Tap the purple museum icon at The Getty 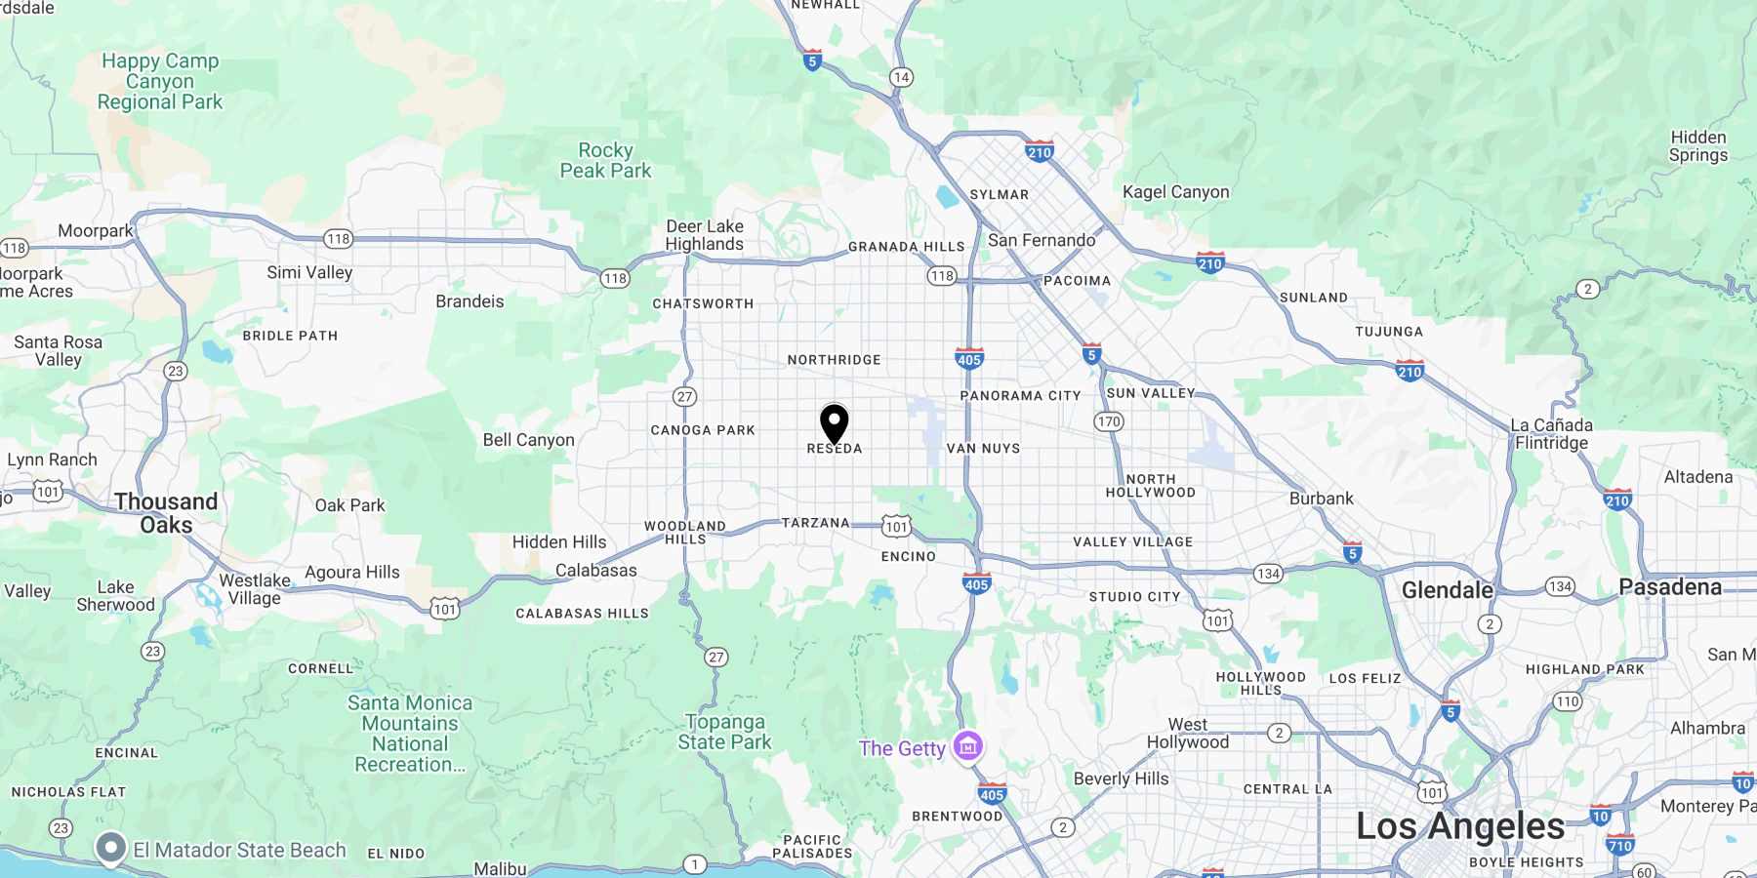(x=968, y=746)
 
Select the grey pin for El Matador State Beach (x=111, y=848)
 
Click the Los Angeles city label (x=1460, y=826)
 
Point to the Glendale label (x=1447, y=590)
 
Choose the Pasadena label (x=1670, y=587)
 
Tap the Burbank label (x=1321, y=499)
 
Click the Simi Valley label (x=309, y=273)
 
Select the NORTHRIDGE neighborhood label (x=834, y=360)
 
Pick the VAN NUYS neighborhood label (x=983, y=449)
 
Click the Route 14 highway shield (x=901, y=77)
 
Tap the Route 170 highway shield (x=1109, y=421)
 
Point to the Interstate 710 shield (x=1620, y=845)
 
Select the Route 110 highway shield (x=1568, y=701)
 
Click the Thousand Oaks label (x=166, y=513)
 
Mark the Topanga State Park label (x=724, y=732)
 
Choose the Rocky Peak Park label (x=605, y=161)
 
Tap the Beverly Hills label (x=1121, y=778)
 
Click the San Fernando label (x=1042, y=240)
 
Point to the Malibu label (x=500, y=868)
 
